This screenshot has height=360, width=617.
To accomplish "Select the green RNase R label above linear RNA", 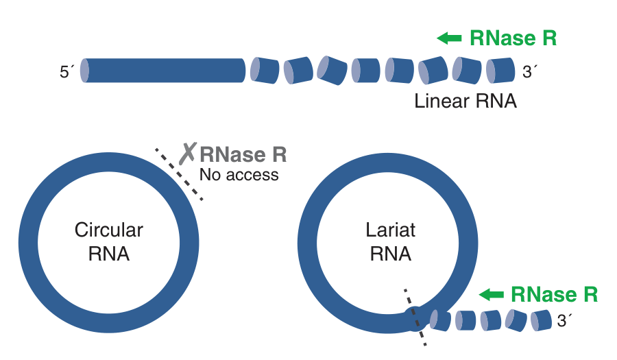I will click(513, 38).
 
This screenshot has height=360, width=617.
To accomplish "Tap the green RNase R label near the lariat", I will click(554, 295).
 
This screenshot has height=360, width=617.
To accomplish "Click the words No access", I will click(239, 175).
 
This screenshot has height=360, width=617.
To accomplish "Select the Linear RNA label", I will click(465, 101).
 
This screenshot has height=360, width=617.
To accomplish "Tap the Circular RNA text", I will click(109, 241).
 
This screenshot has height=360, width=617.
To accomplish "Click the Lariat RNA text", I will click(390, 241).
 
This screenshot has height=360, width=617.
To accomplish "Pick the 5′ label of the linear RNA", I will click(66, 71).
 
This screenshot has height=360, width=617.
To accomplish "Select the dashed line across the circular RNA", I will click(179, 174).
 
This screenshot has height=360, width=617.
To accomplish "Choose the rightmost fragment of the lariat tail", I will click(541, 319).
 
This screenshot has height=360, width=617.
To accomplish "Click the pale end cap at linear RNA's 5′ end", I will click(84, 71).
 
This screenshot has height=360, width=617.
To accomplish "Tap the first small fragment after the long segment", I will click(265, 71).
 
